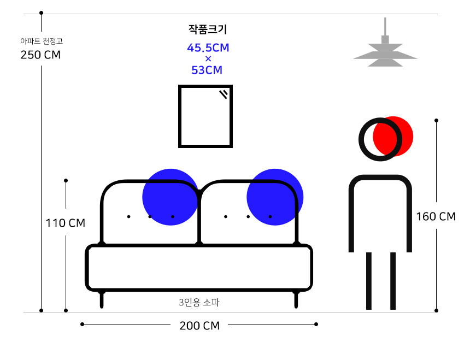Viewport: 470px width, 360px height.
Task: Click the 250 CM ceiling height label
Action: point(40,55)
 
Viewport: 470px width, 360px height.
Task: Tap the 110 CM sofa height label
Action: point(66,223)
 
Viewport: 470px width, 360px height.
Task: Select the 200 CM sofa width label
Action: point(199,326)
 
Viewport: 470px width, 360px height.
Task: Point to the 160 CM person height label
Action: point(436,216)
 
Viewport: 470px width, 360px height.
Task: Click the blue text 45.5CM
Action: point(208,48)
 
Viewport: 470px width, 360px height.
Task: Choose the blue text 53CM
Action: point(207,70)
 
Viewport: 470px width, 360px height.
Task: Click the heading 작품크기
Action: point(208,29)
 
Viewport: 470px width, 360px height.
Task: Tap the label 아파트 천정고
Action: point(42,41)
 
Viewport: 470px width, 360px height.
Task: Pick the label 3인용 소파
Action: point(199,302)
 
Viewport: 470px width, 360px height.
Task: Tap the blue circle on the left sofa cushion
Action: point(171,197)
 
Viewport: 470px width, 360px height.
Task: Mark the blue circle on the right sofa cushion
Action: point(275,197)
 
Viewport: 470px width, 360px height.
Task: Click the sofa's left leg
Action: point(102,299)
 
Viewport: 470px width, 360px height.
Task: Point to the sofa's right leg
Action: point(296,299)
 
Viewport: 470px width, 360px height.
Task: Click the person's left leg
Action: point(369,281)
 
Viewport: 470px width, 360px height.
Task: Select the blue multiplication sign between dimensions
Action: point(208,58)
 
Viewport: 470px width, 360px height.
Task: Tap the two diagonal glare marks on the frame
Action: point(224,94)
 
